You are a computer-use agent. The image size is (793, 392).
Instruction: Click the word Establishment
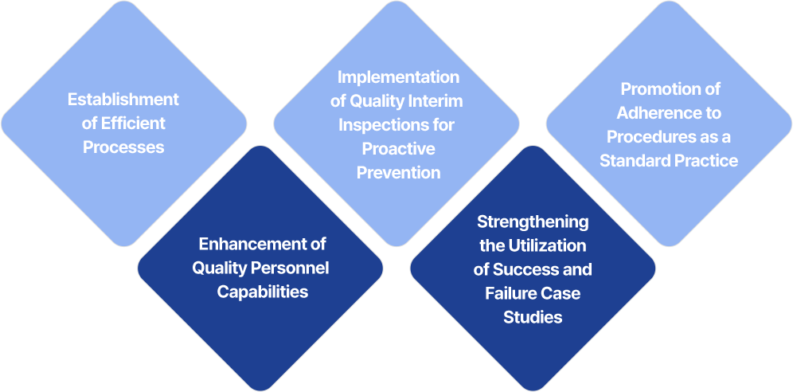click(x=123, y=99)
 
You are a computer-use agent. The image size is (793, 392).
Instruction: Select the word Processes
click(x=123, y=147)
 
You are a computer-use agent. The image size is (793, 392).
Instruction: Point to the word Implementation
click(x=399, y=77)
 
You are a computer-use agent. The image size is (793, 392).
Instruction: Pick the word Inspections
click(x=383, y=125)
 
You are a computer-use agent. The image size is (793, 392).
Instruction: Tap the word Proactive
click(x=399, y=149)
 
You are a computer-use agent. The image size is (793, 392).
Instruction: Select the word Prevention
click(x=399, y=172)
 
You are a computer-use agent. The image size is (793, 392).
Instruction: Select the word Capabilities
click(x=263, y=292)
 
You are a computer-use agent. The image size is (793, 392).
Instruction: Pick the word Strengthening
click(x=533, y=222)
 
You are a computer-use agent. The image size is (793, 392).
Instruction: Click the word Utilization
click(x=549, y=246)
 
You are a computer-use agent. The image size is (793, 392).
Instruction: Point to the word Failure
click(x=506, y=293)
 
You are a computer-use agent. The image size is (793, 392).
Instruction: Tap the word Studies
click(x=533, y=317)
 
